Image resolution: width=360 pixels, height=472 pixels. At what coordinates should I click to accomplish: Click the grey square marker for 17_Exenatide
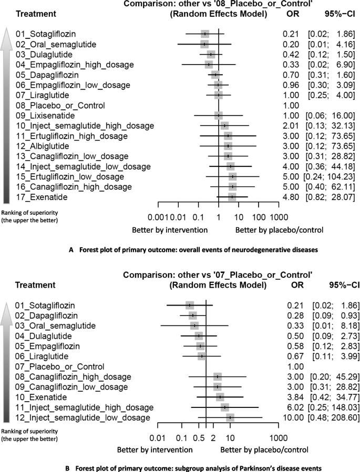coord(232,196)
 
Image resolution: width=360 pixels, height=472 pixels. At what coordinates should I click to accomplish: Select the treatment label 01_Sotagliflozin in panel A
coord(45,34)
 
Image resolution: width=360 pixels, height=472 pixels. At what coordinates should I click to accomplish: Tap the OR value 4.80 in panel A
coord(289,196)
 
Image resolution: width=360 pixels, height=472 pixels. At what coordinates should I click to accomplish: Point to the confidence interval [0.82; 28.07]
coord(330,196)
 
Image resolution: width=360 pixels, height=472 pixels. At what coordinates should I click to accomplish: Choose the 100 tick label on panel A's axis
coord(258,216)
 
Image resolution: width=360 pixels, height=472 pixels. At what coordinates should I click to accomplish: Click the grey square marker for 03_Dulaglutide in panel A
coord(211,54)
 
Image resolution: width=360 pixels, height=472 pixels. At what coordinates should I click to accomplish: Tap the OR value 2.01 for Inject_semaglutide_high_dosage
coord(289,125)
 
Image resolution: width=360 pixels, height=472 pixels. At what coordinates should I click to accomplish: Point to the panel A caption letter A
coord(70,249)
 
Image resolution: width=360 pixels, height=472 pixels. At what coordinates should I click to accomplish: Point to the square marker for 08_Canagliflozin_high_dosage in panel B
coord(218,376)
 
